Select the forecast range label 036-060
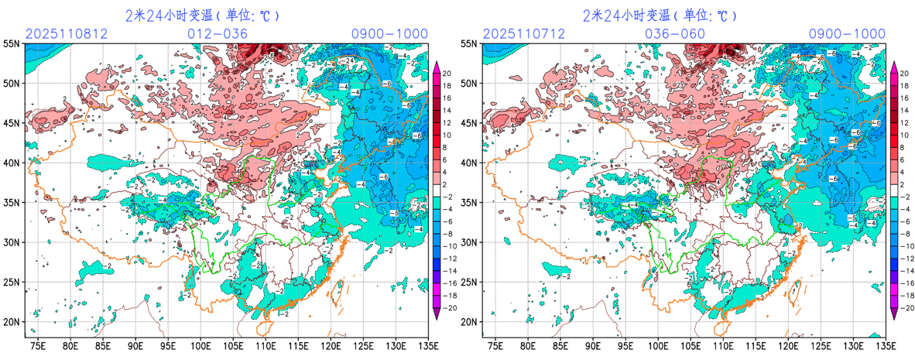coord(675,34)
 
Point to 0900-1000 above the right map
coord(847,34)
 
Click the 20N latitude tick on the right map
coord(469,322)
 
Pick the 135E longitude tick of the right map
coord(886,345)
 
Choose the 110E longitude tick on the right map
coord(724,345)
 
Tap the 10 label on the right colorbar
coord(906,135)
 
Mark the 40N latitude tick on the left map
coord(12,163)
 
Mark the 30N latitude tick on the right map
coord(469,242)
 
